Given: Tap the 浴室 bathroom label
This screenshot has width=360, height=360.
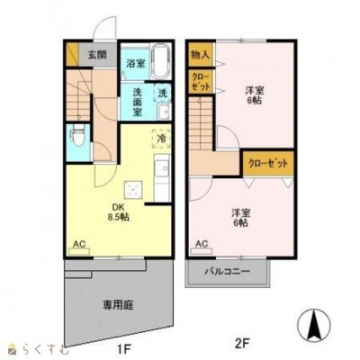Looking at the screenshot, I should (136, 64).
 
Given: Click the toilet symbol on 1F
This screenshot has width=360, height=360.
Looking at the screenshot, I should (77, 139).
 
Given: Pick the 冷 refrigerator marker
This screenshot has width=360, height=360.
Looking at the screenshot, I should (160, 139).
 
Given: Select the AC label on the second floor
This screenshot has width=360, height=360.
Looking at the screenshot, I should (202, 244).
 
